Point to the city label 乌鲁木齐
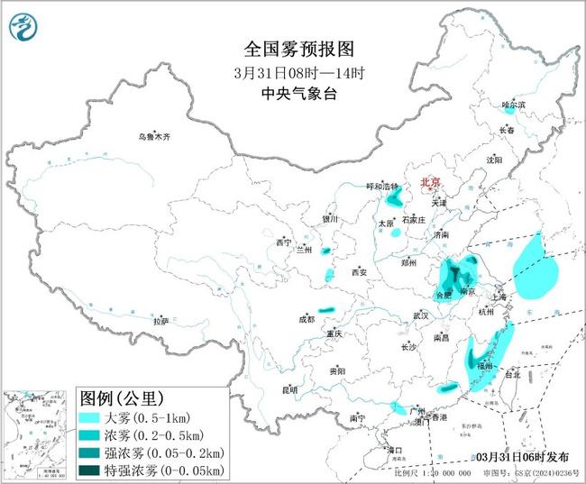point(153,137)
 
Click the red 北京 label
point(431,183)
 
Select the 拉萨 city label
point(160,321)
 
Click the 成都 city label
point(307,318)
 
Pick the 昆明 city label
point(289,389)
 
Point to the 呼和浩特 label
point(380,186)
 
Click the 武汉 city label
point(420,315)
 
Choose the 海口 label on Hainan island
point(394,448)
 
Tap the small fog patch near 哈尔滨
point(509,114)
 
